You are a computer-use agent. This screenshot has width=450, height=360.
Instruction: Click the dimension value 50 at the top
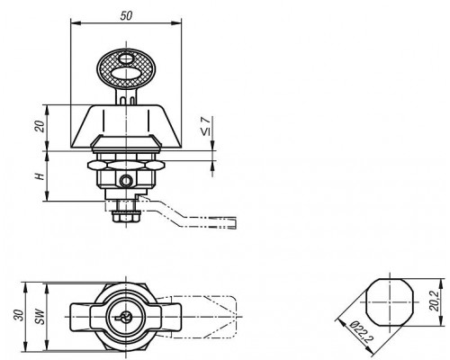click(x=126, y=15)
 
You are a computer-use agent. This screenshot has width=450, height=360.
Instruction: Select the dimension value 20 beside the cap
click(x=40, y=126)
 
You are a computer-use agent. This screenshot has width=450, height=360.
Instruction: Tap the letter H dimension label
click(x=40, y=176)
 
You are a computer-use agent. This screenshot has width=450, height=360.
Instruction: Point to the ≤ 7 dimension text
click(x=205, y=126)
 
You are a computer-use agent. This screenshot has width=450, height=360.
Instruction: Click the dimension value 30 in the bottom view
click(x=19, y=315)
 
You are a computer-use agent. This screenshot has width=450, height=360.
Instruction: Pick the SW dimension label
click(x=40, y=316)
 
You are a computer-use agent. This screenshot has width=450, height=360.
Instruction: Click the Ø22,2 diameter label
click(x=361, y=332)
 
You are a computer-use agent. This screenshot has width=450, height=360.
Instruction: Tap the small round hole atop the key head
click(x=125, y=58)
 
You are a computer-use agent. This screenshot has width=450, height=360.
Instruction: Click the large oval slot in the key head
click(x=126, y=74)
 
